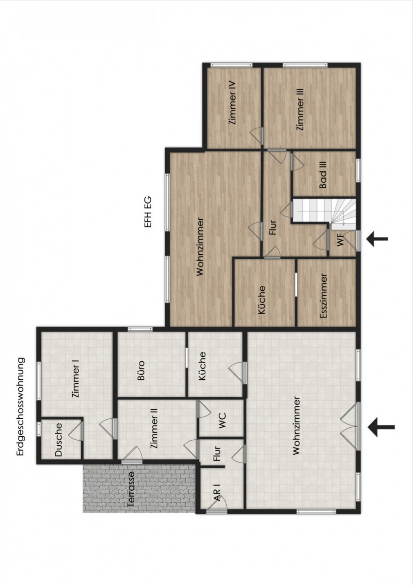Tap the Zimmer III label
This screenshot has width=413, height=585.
pyautogui.click(x=300, y=110)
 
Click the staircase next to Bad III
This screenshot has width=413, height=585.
pyautogui.click(x=324, y=211)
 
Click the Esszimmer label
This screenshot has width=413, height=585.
pyautogui.click(x=324, y=296)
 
